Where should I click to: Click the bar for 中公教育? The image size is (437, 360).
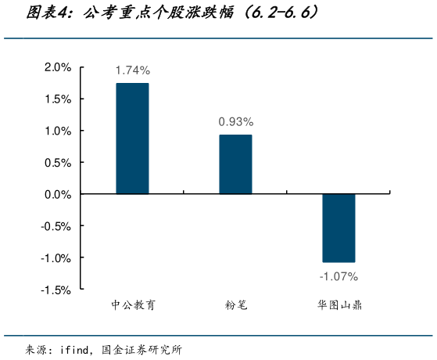(132, 139)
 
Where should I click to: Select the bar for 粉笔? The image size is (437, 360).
(235, 164)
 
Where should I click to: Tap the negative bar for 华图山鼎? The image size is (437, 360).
(338, 228)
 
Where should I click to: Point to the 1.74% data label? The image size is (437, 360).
(132, 70)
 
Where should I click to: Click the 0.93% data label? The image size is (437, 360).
(235, 122)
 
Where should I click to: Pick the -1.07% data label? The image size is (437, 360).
(338, 276)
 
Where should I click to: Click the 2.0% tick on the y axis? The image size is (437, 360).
(58, 67)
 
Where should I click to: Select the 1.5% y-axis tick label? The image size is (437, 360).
(58, 99)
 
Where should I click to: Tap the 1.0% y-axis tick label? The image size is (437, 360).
(58, 131)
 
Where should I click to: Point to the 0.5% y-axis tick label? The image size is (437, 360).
(58, 163)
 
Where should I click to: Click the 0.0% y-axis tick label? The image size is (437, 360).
(58, 194)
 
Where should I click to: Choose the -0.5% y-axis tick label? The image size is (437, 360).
(56, 226)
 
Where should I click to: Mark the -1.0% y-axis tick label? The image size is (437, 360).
(56, 257)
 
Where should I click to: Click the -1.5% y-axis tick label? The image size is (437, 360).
(56, 290)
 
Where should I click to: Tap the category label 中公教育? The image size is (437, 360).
(133, 306)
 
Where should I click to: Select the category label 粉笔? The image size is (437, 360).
(235, 306)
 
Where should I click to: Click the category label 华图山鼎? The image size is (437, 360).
(338, 306)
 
